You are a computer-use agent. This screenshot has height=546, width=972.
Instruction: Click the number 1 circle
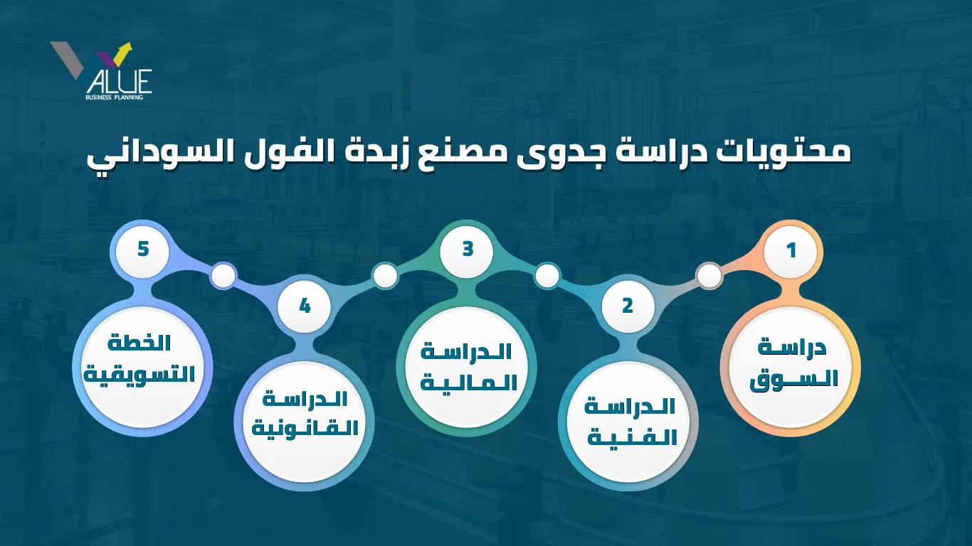(791, 251)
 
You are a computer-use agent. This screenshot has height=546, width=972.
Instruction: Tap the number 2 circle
(628, 306)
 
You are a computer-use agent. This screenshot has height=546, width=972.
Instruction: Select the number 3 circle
(467, 250)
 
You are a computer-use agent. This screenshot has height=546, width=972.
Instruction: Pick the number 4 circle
(305, 306)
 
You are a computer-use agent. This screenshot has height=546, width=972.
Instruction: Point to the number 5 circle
(143, 250)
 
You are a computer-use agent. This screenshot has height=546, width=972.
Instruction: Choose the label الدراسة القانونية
(305, 414)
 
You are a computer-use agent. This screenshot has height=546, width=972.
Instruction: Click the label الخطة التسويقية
(139, 358)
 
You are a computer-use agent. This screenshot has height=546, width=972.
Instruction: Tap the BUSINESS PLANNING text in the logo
(114, 97)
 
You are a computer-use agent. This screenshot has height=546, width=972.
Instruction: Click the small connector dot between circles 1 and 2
(709, 275)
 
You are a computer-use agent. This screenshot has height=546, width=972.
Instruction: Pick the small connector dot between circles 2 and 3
(547, 275)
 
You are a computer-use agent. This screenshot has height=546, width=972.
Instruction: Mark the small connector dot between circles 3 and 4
(386, 275)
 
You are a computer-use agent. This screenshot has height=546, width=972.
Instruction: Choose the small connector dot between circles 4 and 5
(223, 275)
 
